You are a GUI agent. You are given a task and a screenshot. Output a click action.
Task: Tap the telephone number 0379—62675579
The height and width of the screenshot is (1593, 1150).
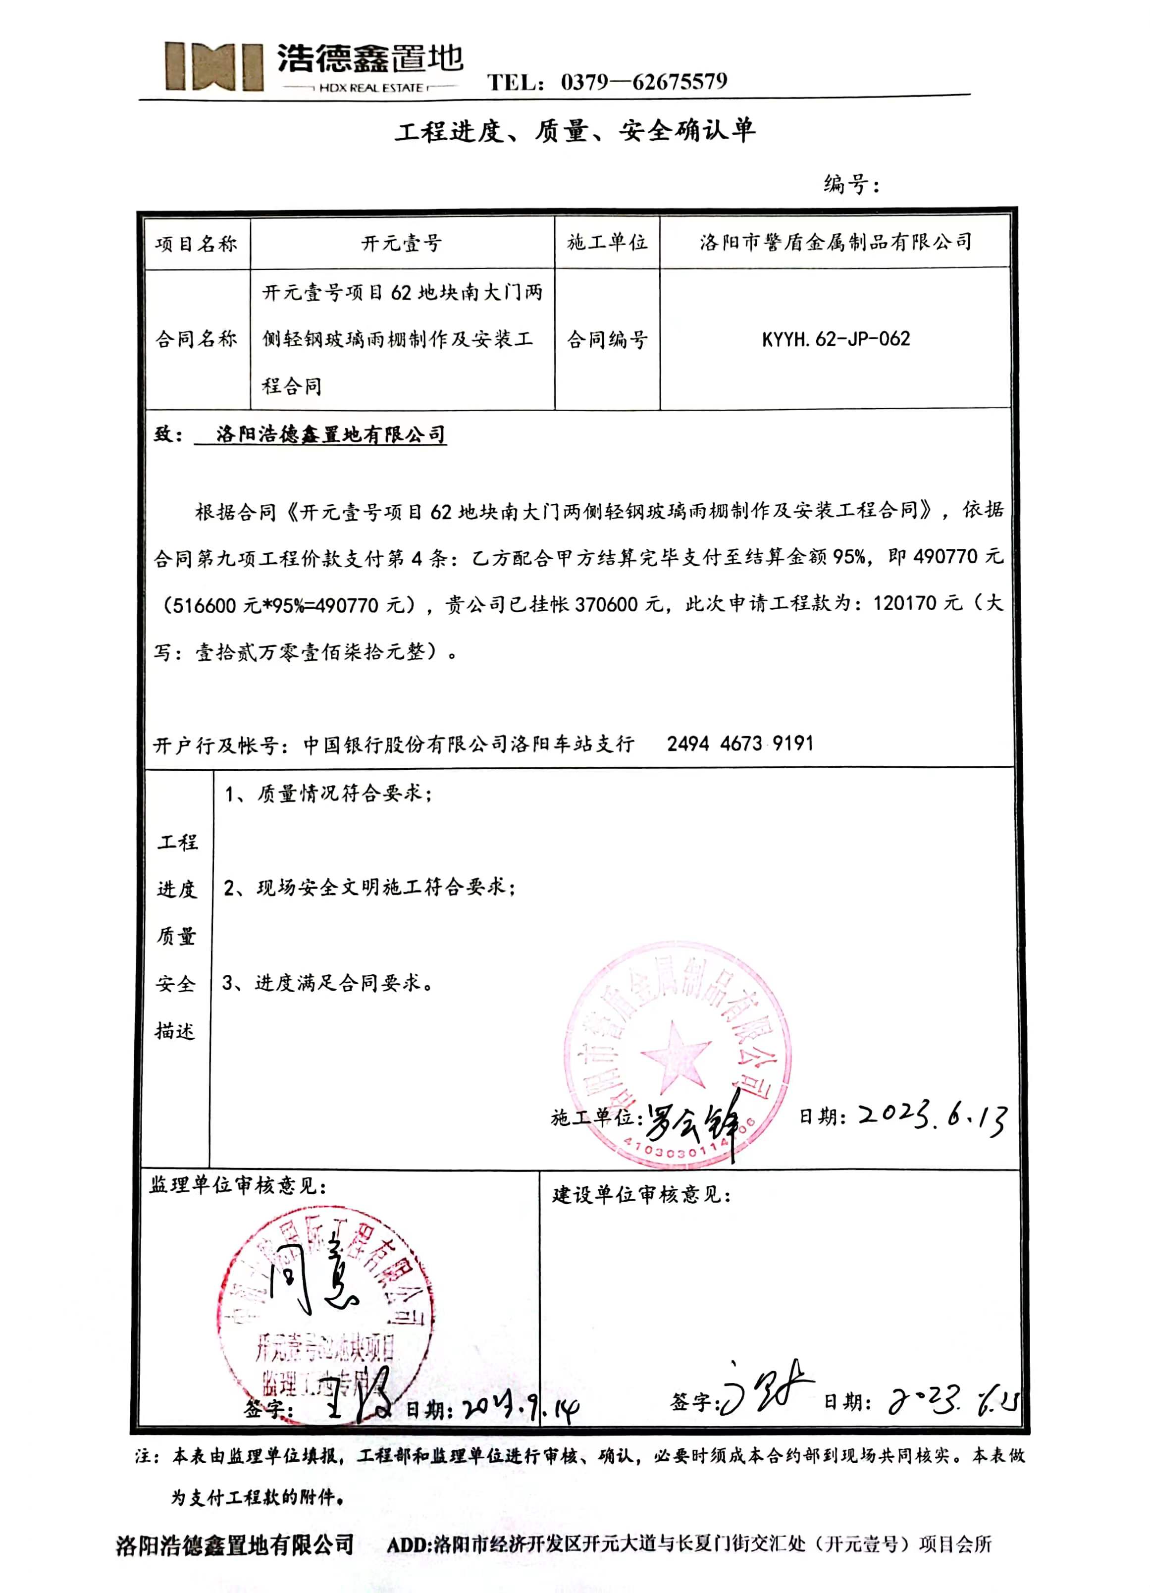[644, 82]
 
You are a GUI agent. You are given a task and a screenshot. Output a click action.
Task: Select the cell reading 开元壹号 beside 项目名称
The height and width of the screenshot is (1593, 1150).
[402, 244]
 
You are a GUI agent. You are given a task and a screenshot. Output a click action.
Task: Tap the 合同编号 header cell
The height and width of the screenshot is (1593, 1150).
[607, 340]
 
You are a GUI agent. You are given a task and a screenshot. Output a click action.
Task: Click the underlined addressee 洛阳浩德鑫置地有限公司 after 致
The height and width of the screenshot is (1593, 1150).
[330, 435]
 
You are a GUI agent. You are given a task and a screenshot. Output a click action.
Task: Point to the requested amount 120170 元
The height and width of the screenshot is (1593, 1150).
[916, 603]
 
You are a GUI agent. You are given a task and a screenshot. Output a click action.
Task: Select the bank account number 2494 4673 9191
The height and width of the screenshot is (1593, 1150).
[740, 743]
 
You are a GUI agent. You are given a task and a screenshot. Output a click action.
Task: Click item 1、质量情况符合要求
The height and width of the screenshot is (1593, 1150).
[328, 794]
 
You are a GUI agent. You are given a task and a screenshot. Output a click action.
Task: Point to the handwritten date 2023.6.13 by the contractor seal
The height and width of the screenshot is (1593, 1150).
[933, 1117]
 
